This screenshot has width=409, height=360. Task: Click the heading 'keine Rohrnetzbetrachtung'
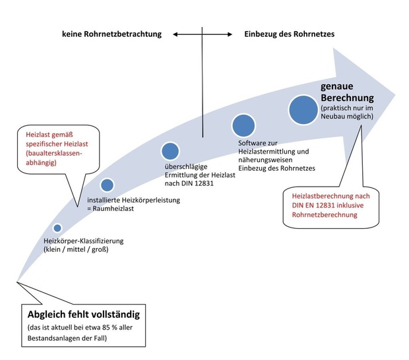(111, 34)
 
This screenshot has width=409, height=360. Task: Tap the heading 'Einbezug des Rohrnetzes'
(289, 34)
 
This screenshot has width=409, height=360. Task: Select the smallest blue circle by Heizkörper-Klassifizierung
(57, 228)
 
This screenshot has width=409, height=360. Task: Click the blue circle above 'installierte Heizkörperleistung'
(108, 185)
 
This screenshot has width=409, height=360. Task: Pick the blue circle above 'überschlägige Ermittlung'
(170, 151)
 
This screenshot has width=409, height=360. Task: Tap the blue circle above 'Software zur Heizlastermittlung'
(243, 125)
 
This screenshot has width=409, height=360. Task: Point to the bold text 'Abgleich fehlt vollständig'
(84, 312)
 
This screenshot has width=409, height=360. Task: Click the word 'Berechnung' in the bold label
(348, 98)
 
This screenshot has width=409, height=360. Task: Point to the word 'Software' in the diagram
(253, 142)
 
